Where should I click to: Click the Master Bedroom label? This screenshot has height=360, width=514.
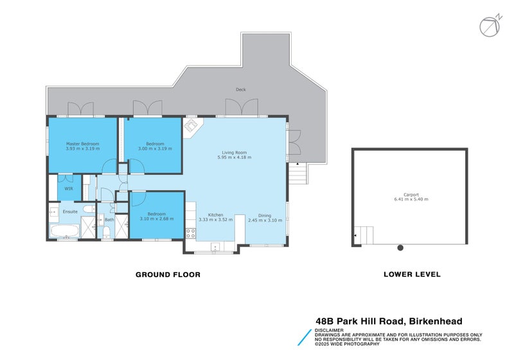tap(82, 143)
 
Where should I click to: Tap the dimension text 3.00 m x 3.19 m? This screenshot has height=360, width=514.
tap(151, 148)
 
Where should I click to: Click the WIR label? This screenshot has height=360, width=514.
tap(67, 188)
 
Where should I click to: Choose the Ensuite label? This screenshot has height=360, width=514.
tap(70, 211)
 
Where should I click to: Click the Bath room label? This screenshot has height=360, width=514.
tap(109, 220)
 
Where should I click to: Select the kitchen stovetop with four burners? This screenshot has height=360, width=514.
tap(190, 233)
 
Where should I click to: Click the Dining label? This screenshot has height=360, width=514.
tap(265, 215)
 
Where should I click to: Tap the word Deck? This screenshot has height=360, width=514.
tap(240, 89)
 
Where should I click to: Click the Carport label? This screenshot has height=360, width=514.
tap(411, 194)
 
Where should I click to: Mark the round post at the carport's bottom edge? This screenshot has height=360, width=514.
tap(400, 248)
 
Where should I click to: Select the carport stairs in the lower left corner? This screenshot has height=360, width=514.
tap(364, 235)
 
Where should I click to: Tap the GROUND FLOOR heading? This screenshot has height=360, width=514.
tap(168, 274)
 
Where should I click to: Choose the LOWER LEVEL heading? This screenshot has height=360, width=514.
tap(412, 274)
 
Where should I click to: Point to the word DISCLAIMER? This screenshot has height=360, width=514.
tap(330, 330)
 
